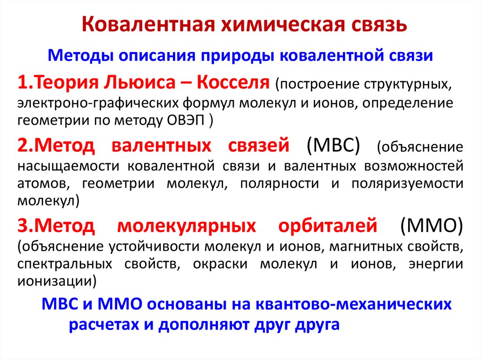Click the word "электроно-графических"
[x=82, y=102]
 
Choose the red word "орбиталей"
[x=328, y=226]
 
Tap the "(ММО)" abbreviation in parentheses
[x=431, y=226]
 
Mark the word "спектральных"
[x=65, y=263]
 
